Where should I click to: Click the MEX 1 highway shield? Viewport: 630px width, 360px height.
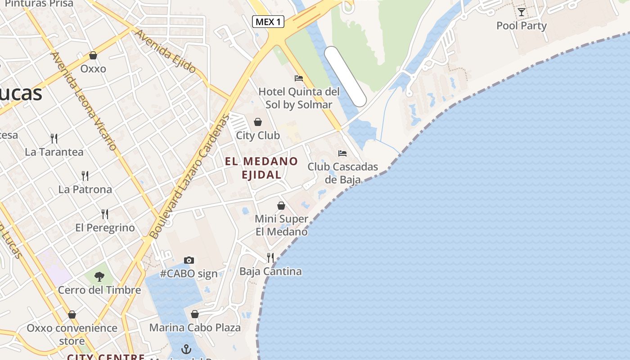[268, 22]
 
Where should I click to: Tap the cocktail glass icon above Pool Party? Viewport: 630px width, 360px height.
[521, 12]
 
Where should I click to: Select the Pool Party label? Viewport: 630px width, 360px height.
[521, 26]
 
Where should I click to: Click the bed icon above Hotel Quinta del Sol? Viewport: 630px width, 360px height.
[298, 78]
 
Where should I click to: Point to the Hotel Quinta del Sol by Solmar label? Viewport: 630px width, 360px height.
[298, 98]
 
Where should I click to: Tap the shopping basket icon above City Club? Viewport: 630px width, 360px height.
[258, 122]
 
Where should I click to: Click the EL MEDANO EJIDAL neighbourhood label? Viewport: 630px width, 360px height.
[261, 168]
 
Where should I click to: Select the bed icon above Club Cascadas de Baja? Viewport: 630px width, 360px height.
[342, 153]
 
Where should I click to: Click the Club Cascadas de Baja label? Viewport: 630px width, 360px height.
[342, 173]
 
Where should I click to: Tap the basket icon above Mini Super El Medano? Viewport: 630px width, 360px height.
[281, 206]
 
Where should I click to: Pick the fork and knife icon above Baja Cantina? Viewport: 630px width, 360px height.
[270, 257]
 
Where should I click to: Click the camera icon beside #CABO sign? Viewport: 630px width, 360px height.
[189, 260]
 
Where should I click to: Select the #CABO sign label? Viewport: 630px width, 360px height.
[189, 274]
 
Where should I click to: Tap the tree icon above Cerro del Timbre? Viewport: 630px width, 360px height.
[99, 276]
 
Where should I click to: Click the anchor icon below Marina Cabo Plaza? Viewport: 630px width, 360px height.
[186, 349]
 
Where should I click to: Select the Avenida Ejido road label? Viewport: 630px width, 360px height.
[166, 51]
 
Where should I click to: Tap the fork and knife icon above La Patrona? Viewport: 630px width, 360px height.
[85, 175]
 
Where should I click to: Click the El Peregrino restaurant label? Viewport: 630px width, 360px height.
[105, 228]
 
